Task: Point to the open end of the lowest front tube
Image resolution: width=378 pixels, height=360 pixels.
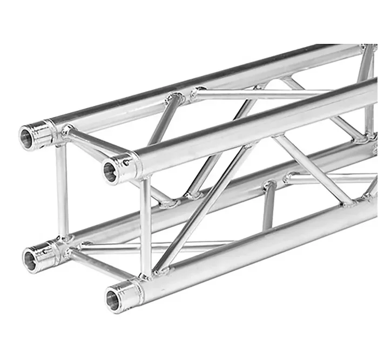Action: (x=114, y=295)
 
